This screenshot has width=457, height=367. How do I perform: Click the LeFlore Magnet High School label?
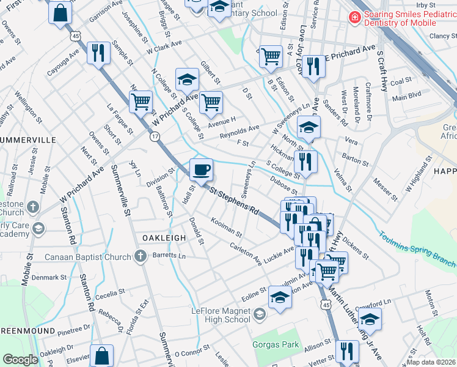click(221, 314)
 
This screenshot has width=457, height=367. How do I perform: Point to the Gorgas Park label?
click(276, 344)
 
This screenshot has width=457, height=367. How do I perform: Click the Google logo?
click(20, 360)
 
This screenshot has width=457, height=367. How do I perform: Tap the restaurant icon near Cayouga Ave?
click(97, 53)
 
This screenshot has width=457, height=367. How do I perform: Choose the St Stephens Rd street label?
click(235, 201)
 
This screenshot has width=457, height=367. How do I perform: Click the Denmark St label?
click(50, 277)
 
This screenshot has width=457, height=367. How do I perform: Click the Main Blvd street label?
click(407, 95)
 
